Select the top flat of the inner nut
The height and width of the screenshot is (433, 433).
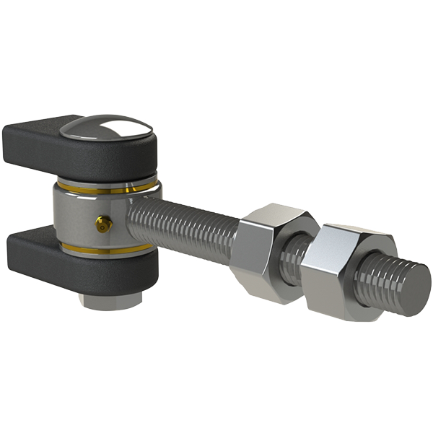(x=278, y=213)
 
